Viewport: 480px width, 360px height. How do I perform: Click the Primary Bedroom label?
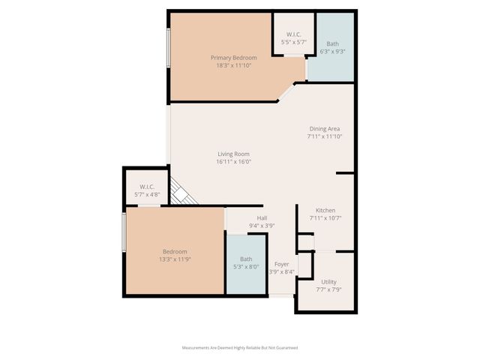(233, 58)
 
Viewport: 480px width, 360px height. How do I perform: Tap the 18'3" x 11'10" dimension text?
(233, 65)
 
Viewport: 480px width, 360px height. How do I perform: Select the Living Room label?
(233, 154)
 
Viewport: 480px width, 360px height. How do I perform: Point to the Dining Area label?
(324, 129)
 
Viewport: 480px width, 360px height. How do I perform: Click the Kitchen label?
(325, 211)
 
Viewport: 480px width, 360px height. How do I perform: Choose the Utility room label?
(328, 281)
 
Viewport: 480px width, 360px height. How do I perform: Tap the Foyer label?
(281, 264)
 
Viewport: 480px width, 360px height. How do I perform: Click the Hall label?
(262, 218)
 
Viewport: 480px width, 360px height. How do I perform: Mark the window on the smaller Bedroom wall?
(124, 234)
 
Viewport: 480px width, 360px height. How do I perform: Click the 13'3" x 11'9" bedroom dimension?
(175, 259)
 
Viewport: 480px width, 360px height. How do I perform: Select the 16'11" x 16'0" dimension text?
(233, 161)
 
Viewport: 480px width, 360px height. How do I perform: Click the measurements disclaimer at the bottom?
(240, 348)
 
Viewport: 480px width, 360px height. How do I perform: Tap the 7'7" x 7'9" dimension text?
(328, 289)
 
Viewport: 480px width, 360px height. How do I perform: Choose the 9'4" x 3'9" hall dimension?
(262, 226)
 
